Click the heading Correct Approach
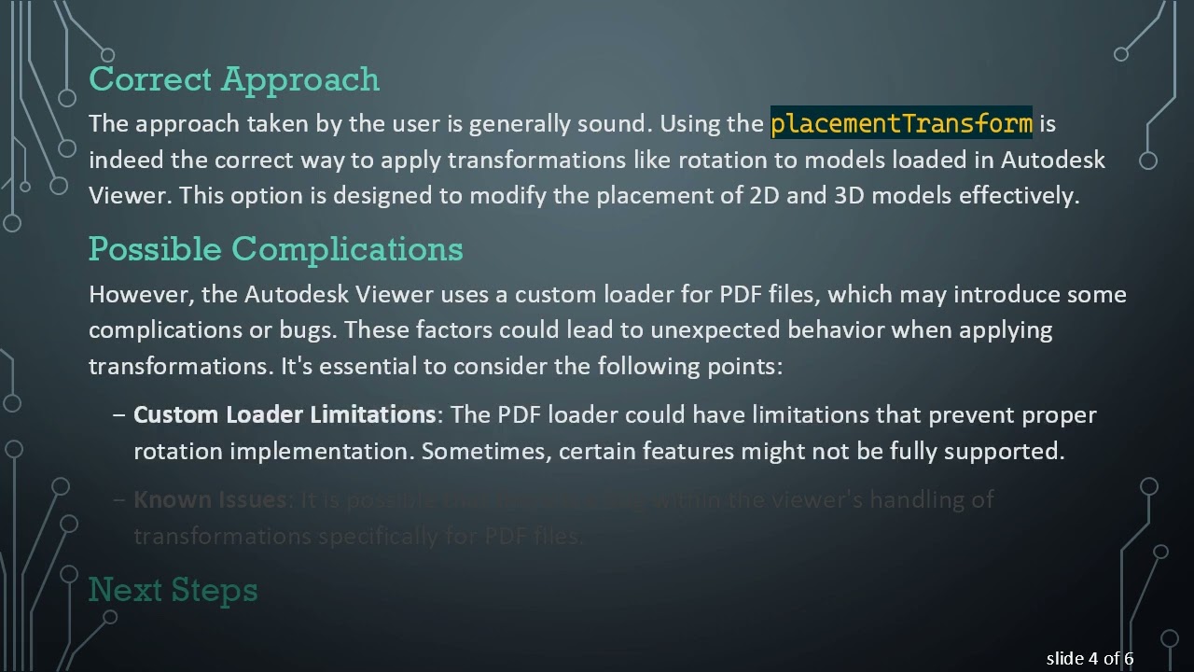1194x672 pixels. [234, 79]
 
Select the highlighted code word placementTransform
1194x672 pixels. [901, 123]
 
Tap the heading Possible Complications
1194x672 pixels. [275, 249]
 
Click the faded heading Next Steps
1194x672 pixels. [173, 590]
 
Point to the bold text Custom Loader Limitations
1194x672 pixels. [285, 414]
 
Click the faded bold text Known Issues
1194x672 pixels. [209, 499]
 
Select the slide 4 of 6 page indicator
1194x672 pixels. [1090, 659]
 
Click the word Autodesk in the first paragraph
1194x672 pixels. [1052, 160]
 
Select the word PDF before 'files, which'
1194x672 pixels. [741, 295]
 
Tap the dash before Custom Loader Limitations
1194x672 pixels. [118, 414]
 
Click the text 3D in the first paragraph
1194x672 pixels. [847, 196]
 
